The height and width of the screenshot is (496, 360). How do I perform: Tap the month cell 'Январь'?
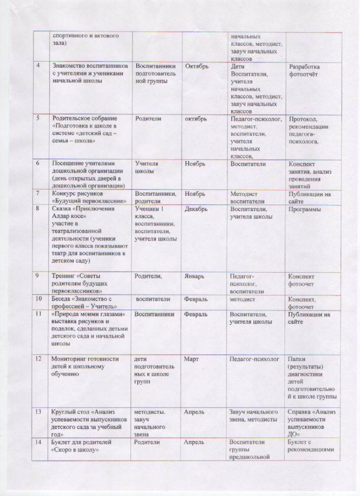(195, 277)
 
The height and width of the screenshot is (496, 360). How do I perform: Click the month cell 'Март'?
(191, 359)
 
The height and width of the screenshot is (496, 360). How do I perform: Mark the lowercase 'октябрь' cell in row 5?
(196, 119)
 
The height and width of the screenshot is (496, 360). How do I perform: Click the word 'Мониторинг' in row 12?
(70, 359)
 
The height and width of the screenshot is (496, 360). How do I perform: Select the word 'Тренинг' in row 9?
(64, 277)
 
